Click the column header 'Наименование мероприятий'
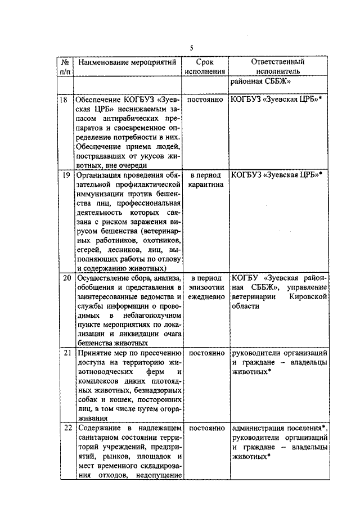[x=127, y=61]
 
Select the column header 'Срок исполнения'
[x=205, y=66]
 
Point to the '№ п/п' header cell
[x=66, y=66]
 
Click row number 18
[x=66, y=100]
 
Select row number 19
[x=66, y=174]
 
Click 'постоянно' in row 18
[x=205, y=100]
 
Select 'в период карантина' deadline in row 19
[x=205, y=179]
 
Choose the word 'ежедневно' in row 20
[x=205, y=296]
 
